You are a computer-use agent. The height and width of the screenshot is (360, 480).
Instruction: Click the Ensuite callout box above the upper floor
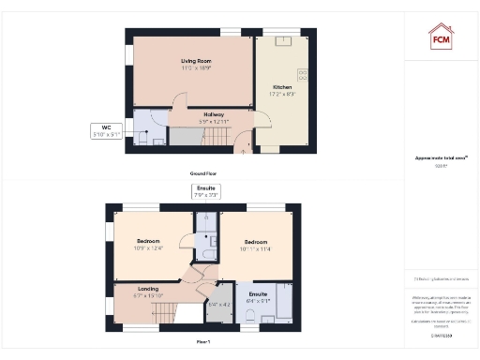(204, 191)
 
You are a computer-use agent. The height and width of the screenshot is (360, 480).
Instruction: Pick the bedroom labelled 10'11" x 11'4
(254, 244)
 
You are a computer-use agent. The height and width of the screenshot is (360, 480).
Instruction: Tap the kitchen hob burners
(303, 75)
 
